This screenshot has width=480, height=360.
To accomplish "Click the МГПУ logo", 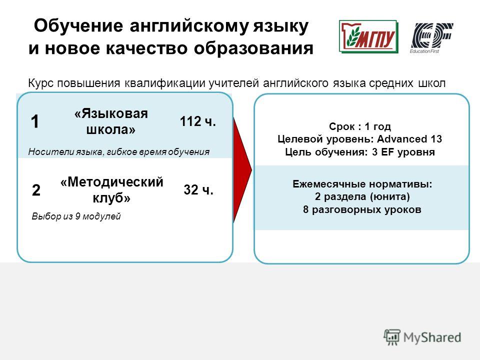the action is pyautogui.click(x=368, y=36).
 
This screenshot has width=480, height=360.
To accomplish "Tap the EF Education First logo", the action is pyautogui.click(x=431, y=38).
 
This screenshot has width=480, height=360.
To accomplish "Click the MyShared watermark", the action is pyautogui.click(x=423, y=337).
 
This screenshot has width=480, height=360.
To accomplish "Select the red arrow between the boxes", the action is pyautogui.click(x=242, y=170).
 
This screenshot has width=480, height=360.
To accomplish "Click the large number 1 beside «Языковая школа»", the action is pyautogui.click(x=35, y=121).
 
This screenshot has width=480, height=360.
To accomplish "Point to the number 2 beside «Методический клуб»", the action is pyautogui.click(x=36, y=190).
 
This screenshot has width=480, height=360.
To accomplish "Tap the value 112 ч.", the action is pyautogui.click(x=198, y=121).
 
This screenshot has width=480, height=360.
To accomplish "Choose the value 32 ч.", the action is pyautogui.click(x=198, y=190).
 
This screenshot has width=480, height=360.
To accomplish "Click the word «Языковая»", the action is pyautogui.click(x=111, y=113).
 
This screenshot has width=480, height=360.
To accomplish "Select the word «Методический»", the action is pyautogui.click(x=112, y=182).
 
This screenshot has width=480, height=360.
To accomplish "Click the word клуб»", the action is pyautogui.click(x=111, y=198).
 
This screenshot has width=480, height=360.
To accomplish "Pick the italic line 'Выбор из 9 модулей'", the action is pyautogui.click(x=76, y=216).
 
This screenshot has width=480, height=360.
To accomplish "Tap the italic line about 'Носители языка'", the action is pyautogui.click(x=119, y=152).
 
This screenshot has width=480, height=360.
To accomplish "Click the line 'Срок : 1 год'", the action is pyautogui.click(x=360, y=126).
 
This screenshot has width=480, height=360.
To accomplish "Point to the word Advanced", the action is pyautogui.click(x=402, y=139).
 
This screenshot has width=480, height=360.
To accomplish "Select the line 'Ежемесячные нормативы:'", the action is pyautogui.click(x=362, y=184).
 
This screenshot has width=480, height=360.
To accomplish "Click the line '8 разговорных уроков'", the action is pyautogui.click(x=362, y=209).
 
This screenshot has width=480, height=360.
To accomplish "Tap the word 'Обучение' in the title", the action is pyautogui.click(x=78, y=25).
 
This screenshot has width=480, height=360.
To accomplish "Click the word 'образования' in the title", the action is pyautogui.click(x=254, y=48).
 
